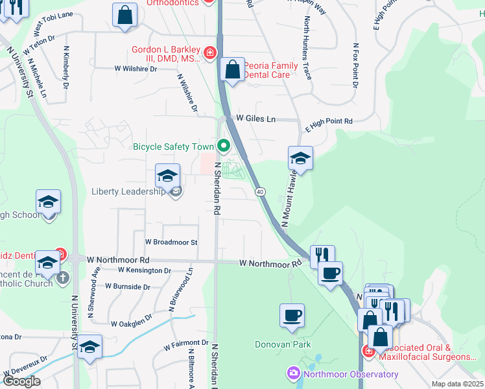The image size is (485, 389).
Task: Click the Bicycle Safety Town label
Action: [x=173, y=147]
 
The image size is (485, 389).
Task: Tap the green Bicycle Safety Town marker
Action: [x=224, y=146]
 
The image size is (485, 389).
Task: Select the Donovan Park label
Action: [x=283, y=345]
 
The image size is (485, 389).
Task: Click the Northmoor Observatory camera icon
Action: [x=293, y=374]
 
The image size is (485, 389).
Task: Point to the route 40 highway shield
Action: [x=259, y=192]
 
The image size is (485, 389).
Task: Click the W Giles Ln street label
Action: [x=256, y=119]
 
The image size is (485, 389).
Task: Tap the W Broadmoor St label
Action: [x=171, y=242]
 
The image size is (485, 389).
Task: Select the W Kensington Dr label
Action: [x=144, y=270]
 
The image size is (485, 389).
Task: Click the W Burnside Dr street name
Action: [x=127, y=286]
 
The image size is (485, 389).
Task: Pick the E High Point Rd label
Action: [x=329, y=121]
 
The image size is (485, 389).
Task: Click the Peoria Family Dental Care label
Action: [x=276, y=70]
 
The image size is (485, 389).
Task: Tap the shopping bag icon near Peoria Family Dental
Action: [x=232, y=69]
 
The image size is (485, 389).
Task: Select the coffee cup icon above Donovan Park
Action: [x=292, y=315]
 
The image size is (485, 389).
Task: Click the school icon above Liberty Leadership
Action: [x=167, y=175]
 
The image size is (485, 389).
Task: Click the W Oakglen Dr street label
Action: [x=131, y=322]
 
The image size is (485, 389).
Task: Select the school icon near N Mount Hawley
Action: [x=300, y=158]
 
